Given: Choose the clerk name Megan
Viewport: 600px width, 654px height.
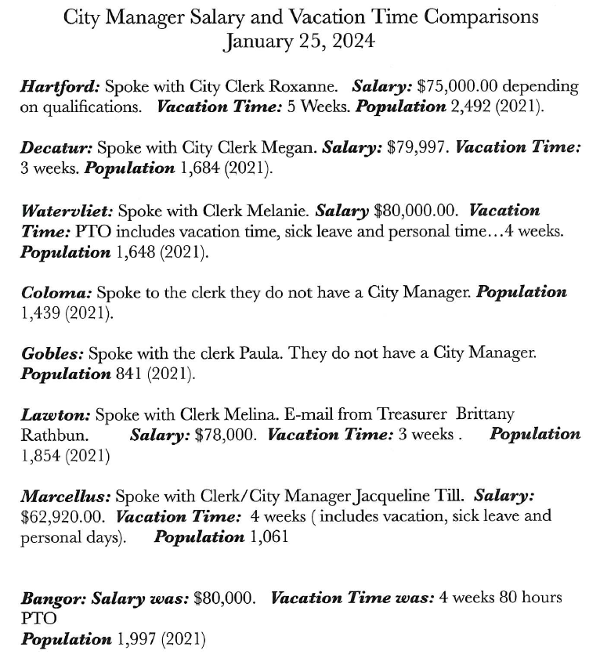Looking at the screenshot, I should tap(272, 148).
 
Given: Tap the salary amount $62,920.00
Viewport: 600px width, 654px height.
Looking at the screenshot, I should tap(65, 516).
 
